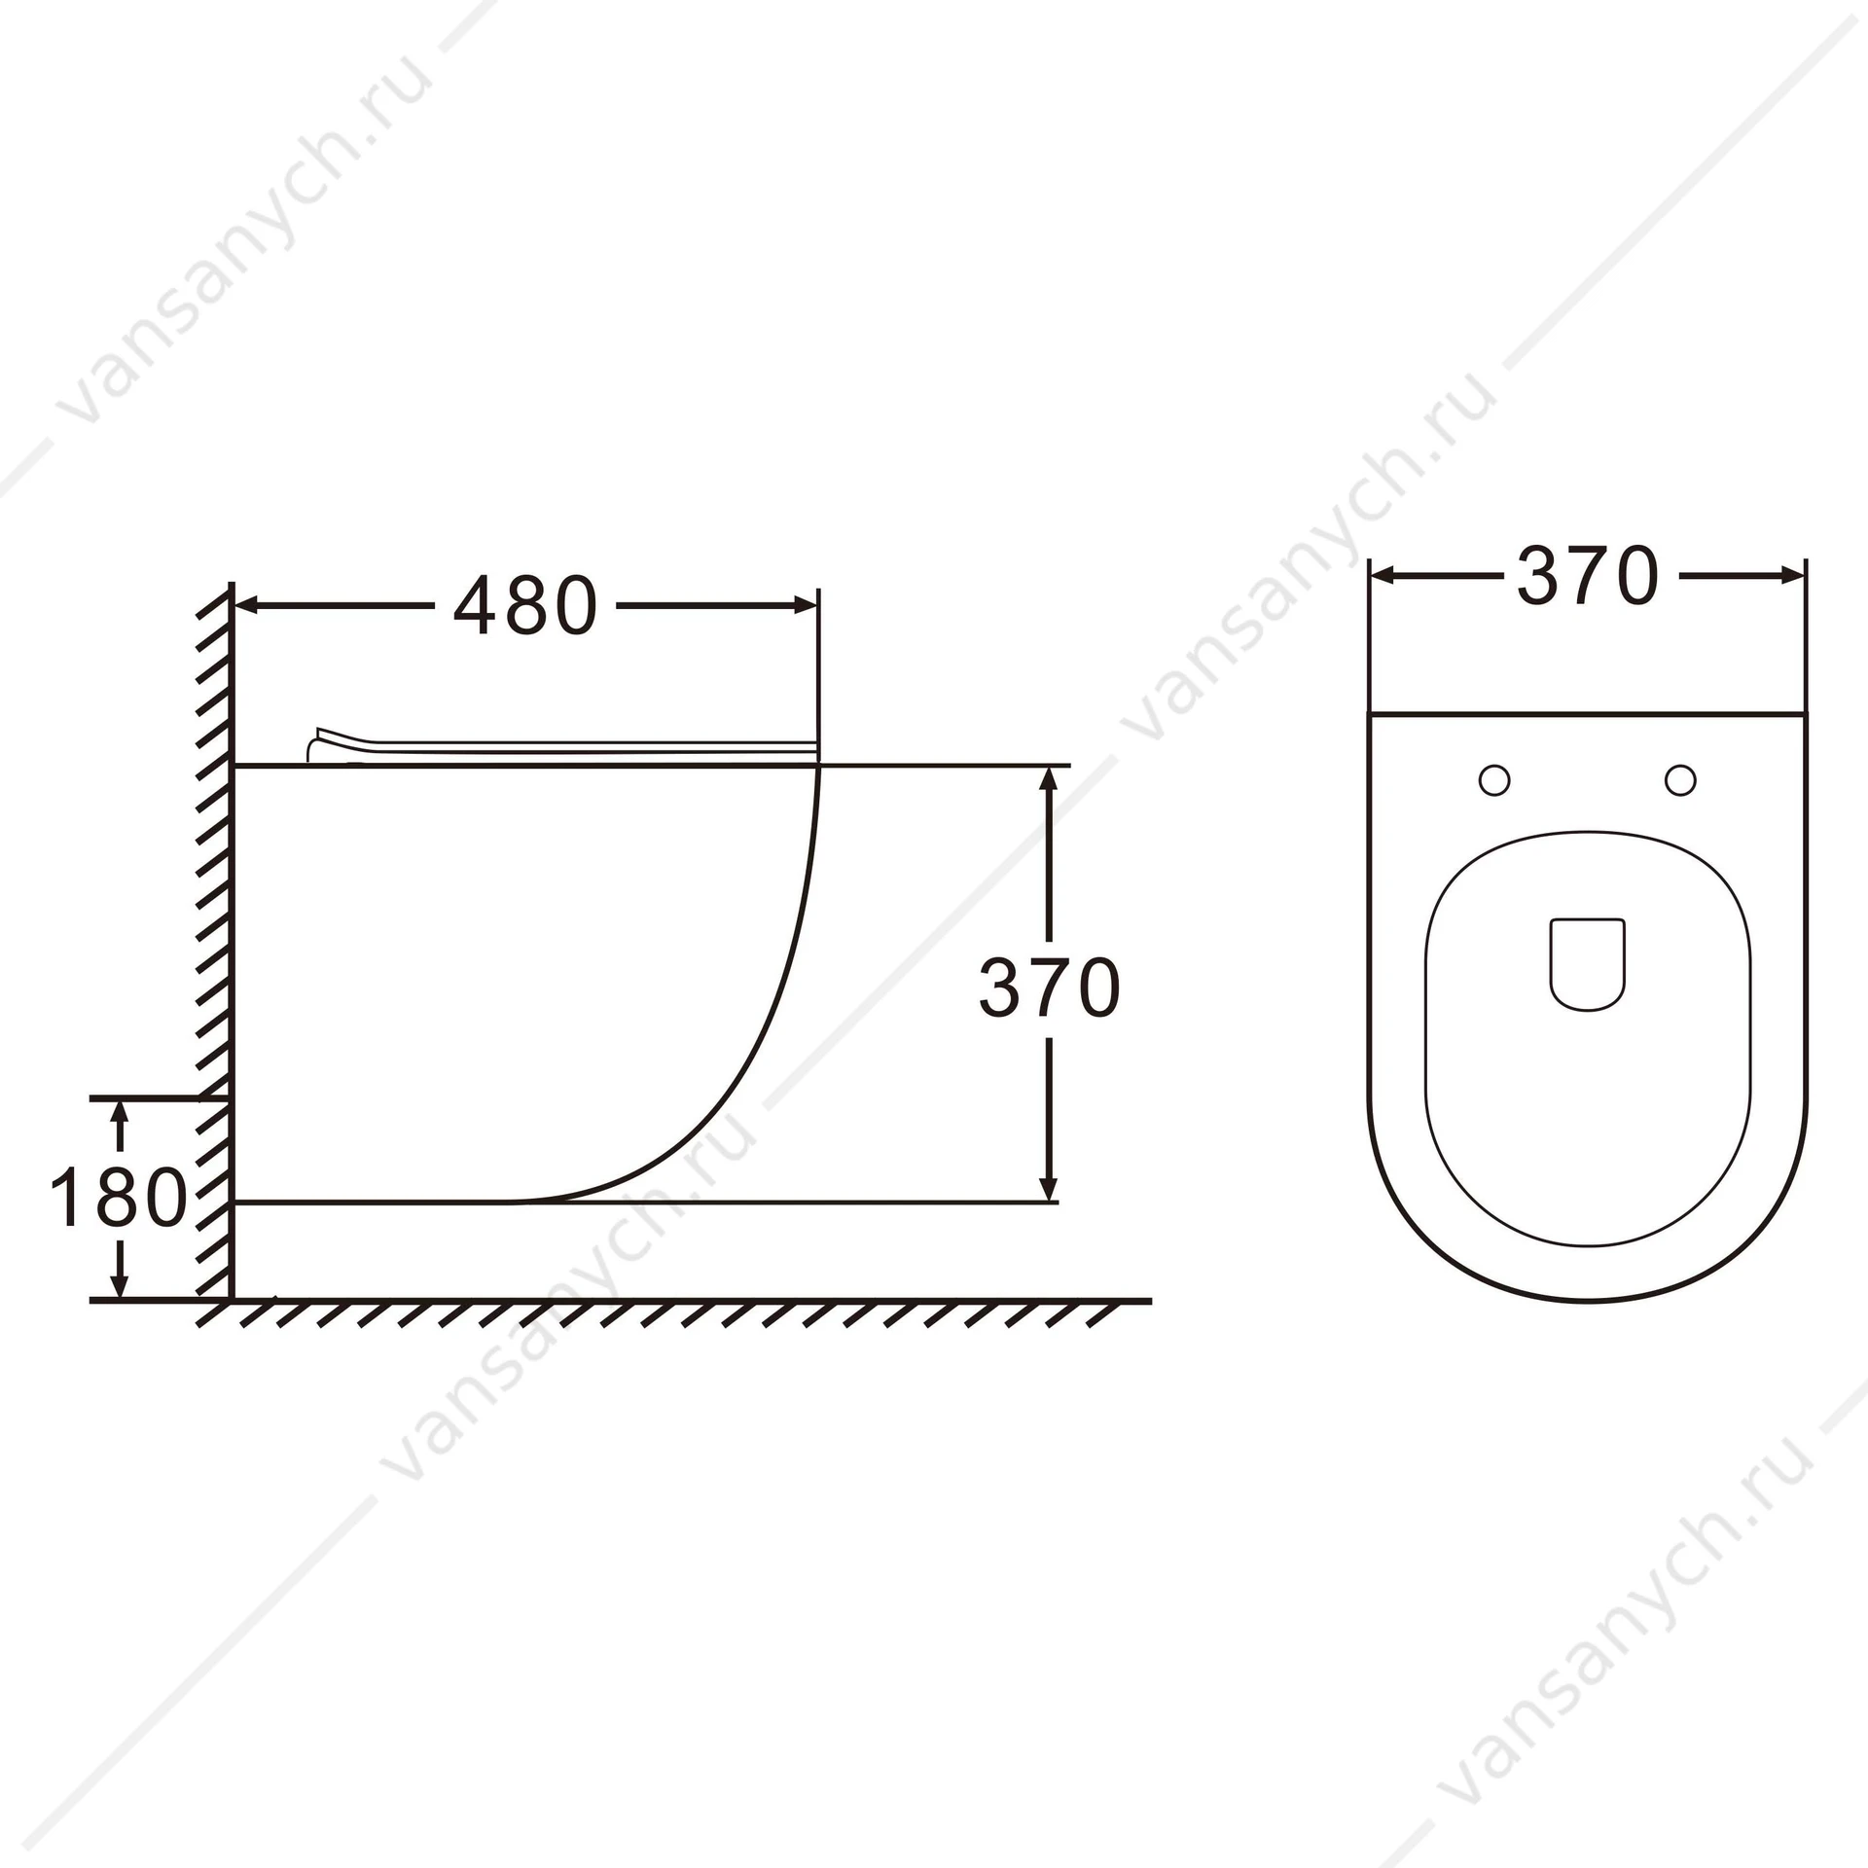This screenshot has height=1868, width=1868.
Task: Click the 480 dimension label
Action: pos(525,606)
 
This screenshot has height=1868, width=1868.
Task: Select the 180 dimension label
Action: pos(118,1198)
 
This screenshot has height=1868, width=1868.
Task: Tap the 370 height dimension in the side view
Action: pos(1050,988)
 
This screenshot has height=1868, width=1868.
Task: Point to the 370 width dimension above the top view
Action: pos(1587,576)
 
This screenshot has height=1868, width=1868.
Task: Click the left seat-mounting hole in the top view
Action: pos(1494,779)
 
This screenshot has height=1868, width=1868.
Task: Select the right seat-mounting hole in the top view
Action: pos(1680,779)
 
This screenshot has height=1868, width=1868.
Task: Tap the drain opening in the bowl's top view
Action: pos(1587,963)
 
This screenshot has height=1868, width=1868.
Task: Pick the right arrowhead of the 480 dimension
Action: pos(805,606)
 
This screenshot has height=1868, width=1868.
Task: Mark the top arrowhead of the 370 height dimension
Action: pos(1049,779)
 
